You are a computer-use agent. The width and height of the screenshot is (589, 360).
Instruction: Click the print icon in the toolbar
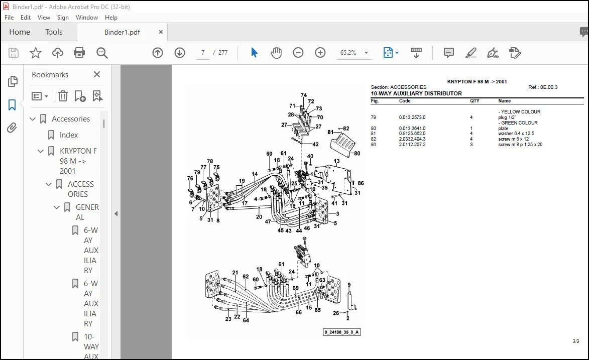tap(79, 53)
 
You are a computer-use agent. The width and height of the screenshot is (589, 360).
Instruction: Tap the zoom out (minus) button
tap(298, 53)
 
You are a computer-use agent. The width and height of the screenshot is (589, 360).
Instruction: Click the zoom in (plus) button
tap(320, 53)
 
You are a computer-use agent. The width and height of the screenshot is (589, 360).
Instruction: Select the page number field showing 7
tap(203, 53)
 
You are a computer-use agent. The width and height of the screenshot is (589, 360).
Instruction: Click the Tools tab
tap(54, 32)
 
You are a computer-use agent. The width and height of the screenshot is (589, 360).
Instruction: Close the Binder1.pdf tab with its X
tap(161, 32)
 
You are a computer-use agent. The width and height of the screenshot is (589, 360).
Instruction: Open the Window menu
tap(87, 17)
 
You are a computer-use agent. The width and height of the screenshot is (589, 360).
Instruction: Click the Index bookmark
tap(69, 135)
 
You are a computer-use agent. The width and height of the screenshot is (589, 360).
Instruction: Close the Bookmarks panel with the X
tap(97, 74)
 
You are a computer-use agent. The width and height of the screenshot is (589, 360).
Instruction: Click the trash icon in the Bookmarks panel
tap(63, 96)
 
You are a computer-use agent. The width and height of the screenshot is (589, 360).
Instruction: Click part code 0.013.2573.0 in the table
tap(412, 117)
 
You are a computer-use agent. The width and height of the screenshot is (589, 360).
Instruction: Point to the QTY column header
tap(475, 101)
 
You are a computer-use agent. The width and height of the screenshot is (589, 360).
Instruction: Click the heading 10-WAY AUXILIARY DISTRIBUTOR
tap(416, 93)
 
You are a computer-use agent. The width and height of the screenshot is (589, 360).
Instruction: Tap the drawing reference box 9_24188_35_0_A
tap(342, 332)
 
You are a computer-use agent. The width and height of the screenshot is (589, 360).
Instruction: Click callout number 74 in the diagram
tap(303, 95)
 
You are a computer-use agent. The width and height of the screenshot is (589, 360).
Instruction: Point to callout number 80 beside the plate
tap(357, 153)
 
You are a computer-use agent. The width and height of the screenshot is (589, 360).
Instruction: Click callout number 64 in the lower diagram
tap(246, 320)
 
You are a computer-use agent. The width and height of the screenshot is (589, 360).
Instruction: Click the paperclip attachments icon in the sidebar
tap(12, 128)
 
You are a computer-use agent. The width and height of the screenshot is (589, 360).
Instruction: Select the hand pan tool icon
tap(276, 53)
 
